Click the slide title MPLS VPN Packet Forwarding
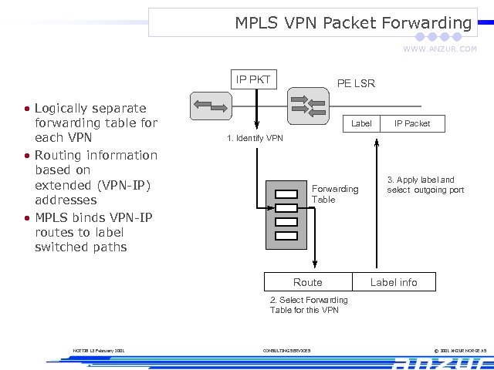[353, 23]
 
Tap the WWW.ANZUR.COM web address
[439, 49]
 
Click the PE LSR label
[356, 83]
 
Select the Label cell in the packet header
[361, 123]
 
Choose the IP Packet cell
[412, 123]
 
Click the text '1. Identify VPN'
[255, 139]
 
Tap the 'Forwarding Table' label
[334, 193]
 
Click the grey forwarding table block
[286, 215]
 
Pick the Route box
[308, 282]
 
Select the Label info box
[394, 282]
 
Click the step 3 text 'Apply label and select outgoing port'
[425, 184]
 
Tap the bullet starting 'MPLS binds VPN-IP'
[93, 232]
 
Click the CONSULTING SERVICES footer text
[286, 351]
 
